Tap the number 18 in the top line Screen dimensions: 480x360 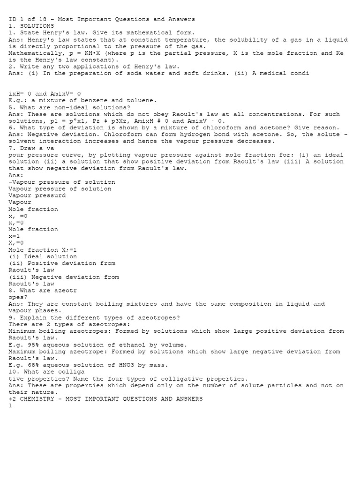[45, 19]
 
